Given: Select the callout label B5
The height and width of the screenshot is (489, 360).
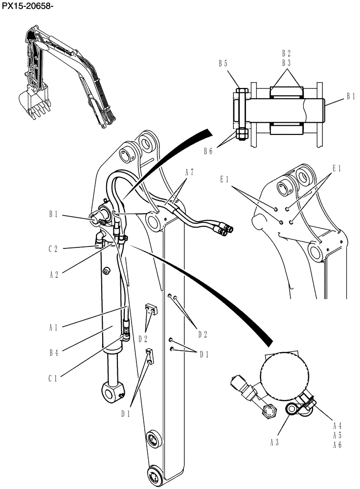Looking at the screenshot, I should [x=223, y=63].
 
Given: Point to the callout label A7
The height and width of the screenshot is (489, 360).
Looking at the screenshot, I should [x=189, y=172].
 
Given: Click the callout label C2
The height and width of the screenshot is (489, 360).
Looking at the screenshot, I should [x=53, y=248].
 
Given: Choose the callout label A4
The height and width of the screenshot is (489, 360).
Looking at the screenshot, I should [x=337, y=425].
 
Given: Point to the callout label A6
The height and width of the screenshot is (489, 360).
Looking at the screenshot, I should [x=337, y=445].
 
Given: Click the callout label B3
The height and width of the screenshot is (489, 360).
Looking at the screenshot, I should [x=286, y=63].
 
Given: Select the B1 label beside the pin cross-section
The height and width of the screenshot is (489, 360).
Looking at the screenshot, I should [x=350, y=97].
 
